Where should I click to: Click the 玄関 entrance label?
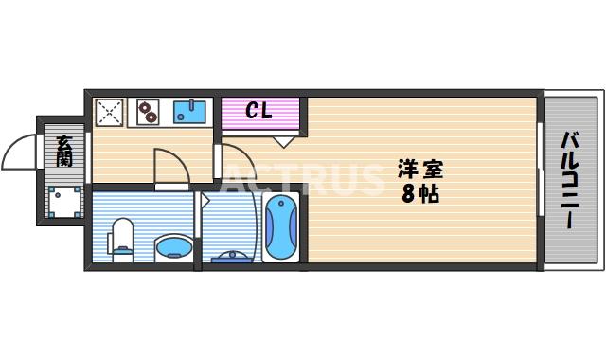pos(63,151)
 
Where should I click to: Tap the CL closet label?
pos(258,111)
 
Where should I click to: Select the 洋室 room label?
pos(419,171)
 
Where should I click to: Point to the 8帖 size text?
pos(419,196)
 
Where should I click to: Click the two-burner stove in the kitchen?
pos(149,113)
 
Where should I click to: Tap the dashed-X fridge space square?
pos(110,113)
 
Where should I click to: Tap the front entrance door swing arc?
pos(19,152)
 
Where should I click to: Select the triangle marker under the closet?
pos(283,142)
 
